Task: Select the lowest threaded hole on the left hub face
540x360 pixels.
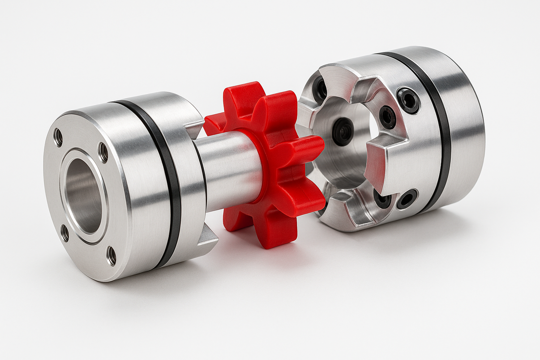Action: [111, 255]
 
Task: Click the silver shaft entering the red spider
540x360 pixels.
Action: [228, 172]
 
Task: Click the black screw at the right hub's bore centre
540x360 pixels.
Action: [343, 131]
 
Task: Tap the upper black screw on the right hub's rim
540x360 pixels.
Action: [408, 100]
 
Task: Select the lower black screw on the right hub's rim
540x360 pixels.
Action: [407, 199]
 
